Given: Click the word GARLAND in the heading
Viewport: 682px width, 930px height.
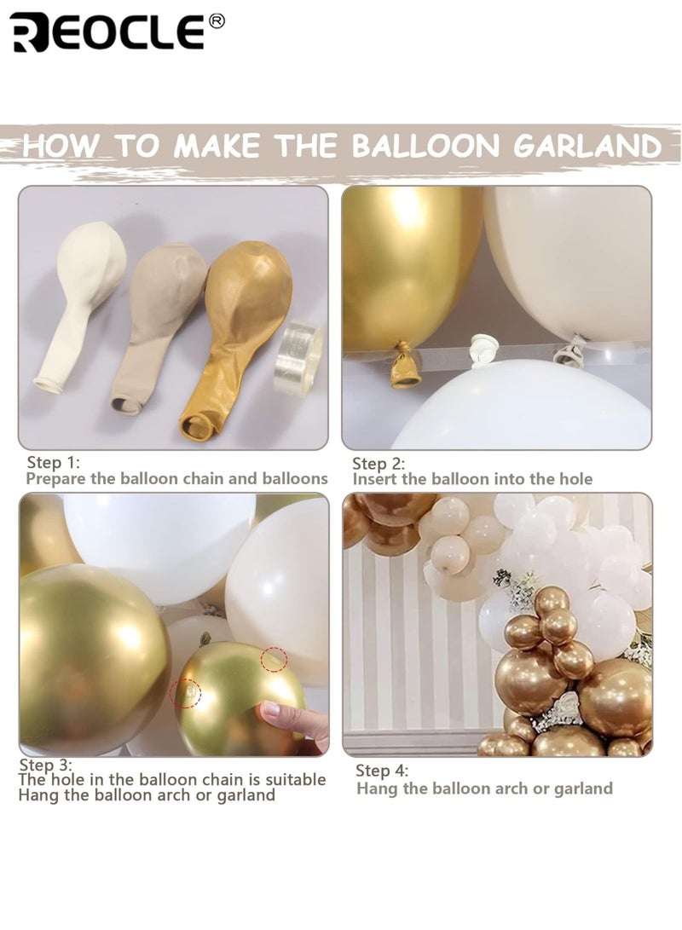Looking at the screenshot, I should point(587,145).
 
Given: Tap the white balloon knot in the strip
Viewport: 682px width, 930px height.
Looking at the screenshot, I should point(483,349).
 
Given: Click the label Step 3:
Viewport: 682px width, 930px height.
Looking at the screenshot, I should point(47,765).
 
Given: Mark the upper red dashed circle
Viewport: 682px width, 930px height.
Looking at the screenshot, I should point(274,659).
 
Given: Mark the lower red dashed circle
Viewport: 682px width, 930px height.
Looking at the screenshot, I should point(184,693).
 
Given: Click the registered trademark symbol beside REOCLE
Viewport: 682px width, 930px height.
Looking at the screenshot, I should point(217,20).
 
